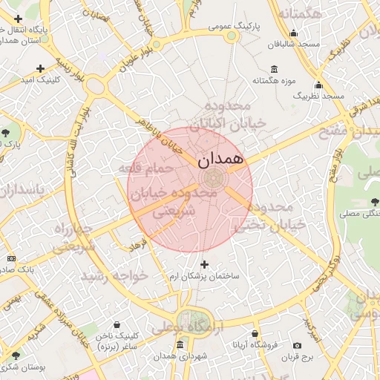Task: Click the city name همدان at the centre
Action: coord(221,158)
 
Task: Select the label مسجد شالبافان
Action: coord(294,44)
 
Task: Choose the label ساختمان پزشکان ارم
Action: coord(205,275)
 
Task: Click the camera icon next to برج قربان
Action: coord(298,346)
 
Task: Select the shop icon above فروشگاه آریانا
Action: coord(255,335)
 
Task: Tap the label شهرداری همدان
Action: coord(180,357)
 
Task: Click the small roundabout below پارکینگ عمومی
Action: coord(232,35)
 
